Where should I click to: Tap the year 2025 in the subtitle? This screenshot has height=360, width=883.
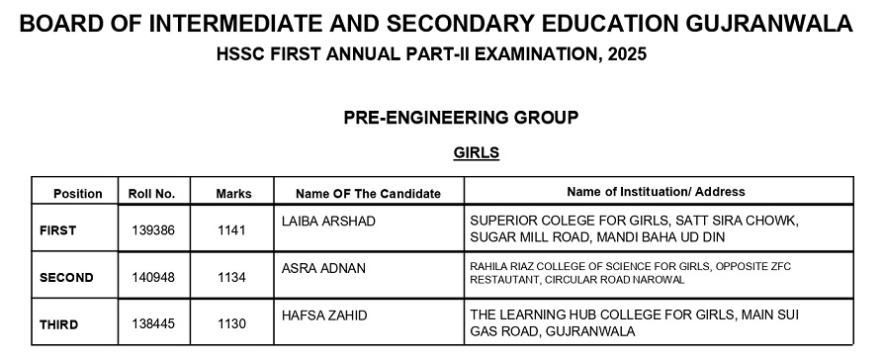[x=624, y=54]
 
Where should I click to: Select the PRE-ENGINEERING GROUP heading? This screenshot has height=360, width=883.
[x=461, y=118]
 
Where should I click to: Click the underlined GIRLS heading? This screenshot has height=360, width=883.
[x=476, y=153]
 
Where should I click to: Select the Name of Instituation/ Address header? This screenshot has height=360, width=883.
[x=656, y=192]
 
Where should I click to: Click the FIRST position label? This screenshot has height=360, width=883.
[x=57, y=230]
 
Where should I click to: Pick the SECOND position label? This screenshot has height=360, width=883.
[x=66, y=278]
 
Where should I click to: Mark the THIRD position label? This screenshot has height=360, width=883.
[x=58, y=324]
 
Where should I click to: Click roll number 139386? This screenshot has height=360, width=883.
[x=153, y=230]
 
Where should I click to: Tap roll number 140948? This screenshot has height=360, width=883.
[x=153, y=278]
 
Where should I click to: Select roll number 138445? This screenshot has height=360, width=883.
[x=153, y=324]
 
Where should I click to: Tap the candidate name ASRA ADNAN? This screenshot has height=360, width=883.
[x=322, y=268]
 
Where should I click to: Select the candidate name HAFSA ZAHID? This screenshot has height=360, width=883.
[x=324, y=315]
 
